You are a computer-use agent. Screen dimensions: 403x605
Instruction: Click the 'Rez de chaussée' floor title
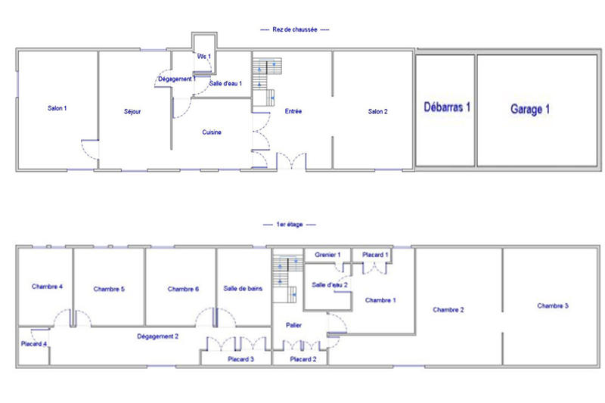coord(294,29)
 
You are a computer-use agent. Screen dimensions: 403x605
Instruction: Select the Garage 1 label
coord(530,109)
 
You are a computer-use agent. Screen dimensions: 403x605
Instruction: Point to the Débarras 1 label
coord(447,107)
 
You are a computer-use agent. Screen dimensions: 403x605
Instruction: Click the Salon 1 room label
coord(57,109)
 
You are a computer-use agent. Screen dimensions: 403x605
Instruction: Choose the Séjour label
coord(133,112)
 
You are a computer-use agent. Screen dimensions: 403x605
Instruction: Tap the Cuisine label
coord(212,132)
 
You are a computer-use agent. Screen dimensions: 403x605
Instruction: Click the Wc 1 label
coord(204,57)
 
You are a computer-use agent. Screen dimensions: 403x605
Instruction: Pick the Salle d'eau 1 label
coord(225,83)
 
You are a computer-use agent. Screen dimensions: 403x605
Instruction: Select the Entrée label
coord(293,112)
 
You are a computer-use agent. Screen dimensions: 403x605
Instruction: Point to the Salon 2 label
coord(377,112)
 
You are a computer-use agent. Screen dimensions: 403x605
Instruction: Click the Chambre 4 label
coord(47,287)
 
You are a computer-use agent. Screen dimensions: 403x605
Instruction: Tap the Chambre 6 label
coord(183,289)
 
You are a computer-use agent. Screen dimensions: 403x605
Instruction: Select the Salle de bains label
coord(243,288)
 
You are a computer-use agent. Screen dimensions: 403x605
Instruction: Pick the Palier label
coord(294,325)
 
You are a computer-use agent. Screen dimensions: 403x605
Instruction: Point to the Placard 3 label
coord(240,359)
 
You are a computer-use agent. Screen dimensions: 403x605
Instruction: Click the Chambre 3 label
coord(553,305)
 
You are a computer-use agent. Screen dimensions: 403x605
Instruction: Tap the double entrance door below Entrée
coord(290,162)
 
